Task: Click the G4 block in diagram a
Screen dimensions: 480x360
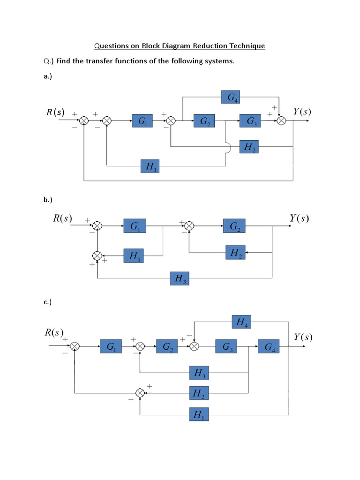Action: click(231, 97)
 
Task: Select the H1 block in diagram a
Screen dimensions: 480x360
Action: click(150, 166)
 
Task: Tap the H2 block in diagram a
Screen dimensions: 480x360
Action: click(248, 147)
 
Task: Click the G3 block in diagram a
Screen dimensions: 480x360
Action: click(251, 121)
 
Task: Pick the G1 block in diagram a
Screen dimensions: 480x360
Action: click(142, 121)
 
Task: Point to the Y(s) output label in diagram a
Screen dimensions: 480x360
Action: click(302, 112)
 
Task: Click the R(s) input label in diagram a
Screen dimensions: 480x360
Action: click(55, 112)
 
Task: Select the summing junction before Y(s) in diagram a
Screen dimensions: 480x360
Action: click(281, 121)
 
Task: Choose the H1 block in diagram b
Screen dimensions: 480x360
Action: click(134, 256)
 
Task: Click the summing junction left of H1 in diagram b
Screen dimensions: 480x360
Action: click(97, 255)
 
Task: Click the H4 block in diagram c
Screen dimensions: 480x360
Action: click(242, 322)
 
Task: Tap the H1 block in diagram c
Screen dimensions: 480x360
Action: click(199, 414)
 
